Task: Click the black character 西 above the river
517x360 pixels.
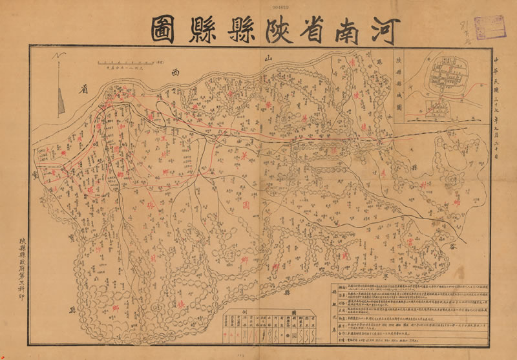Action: (x=173, y=74)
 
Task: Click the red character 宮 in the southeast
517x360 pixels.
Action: (x=412, y=241)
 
